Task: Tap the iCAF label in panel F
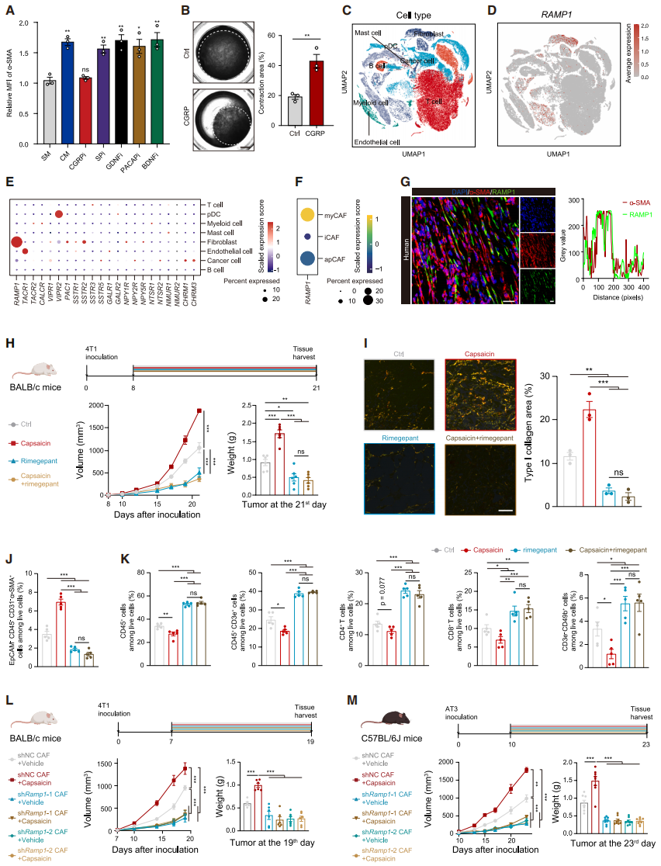pos(334,236)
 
